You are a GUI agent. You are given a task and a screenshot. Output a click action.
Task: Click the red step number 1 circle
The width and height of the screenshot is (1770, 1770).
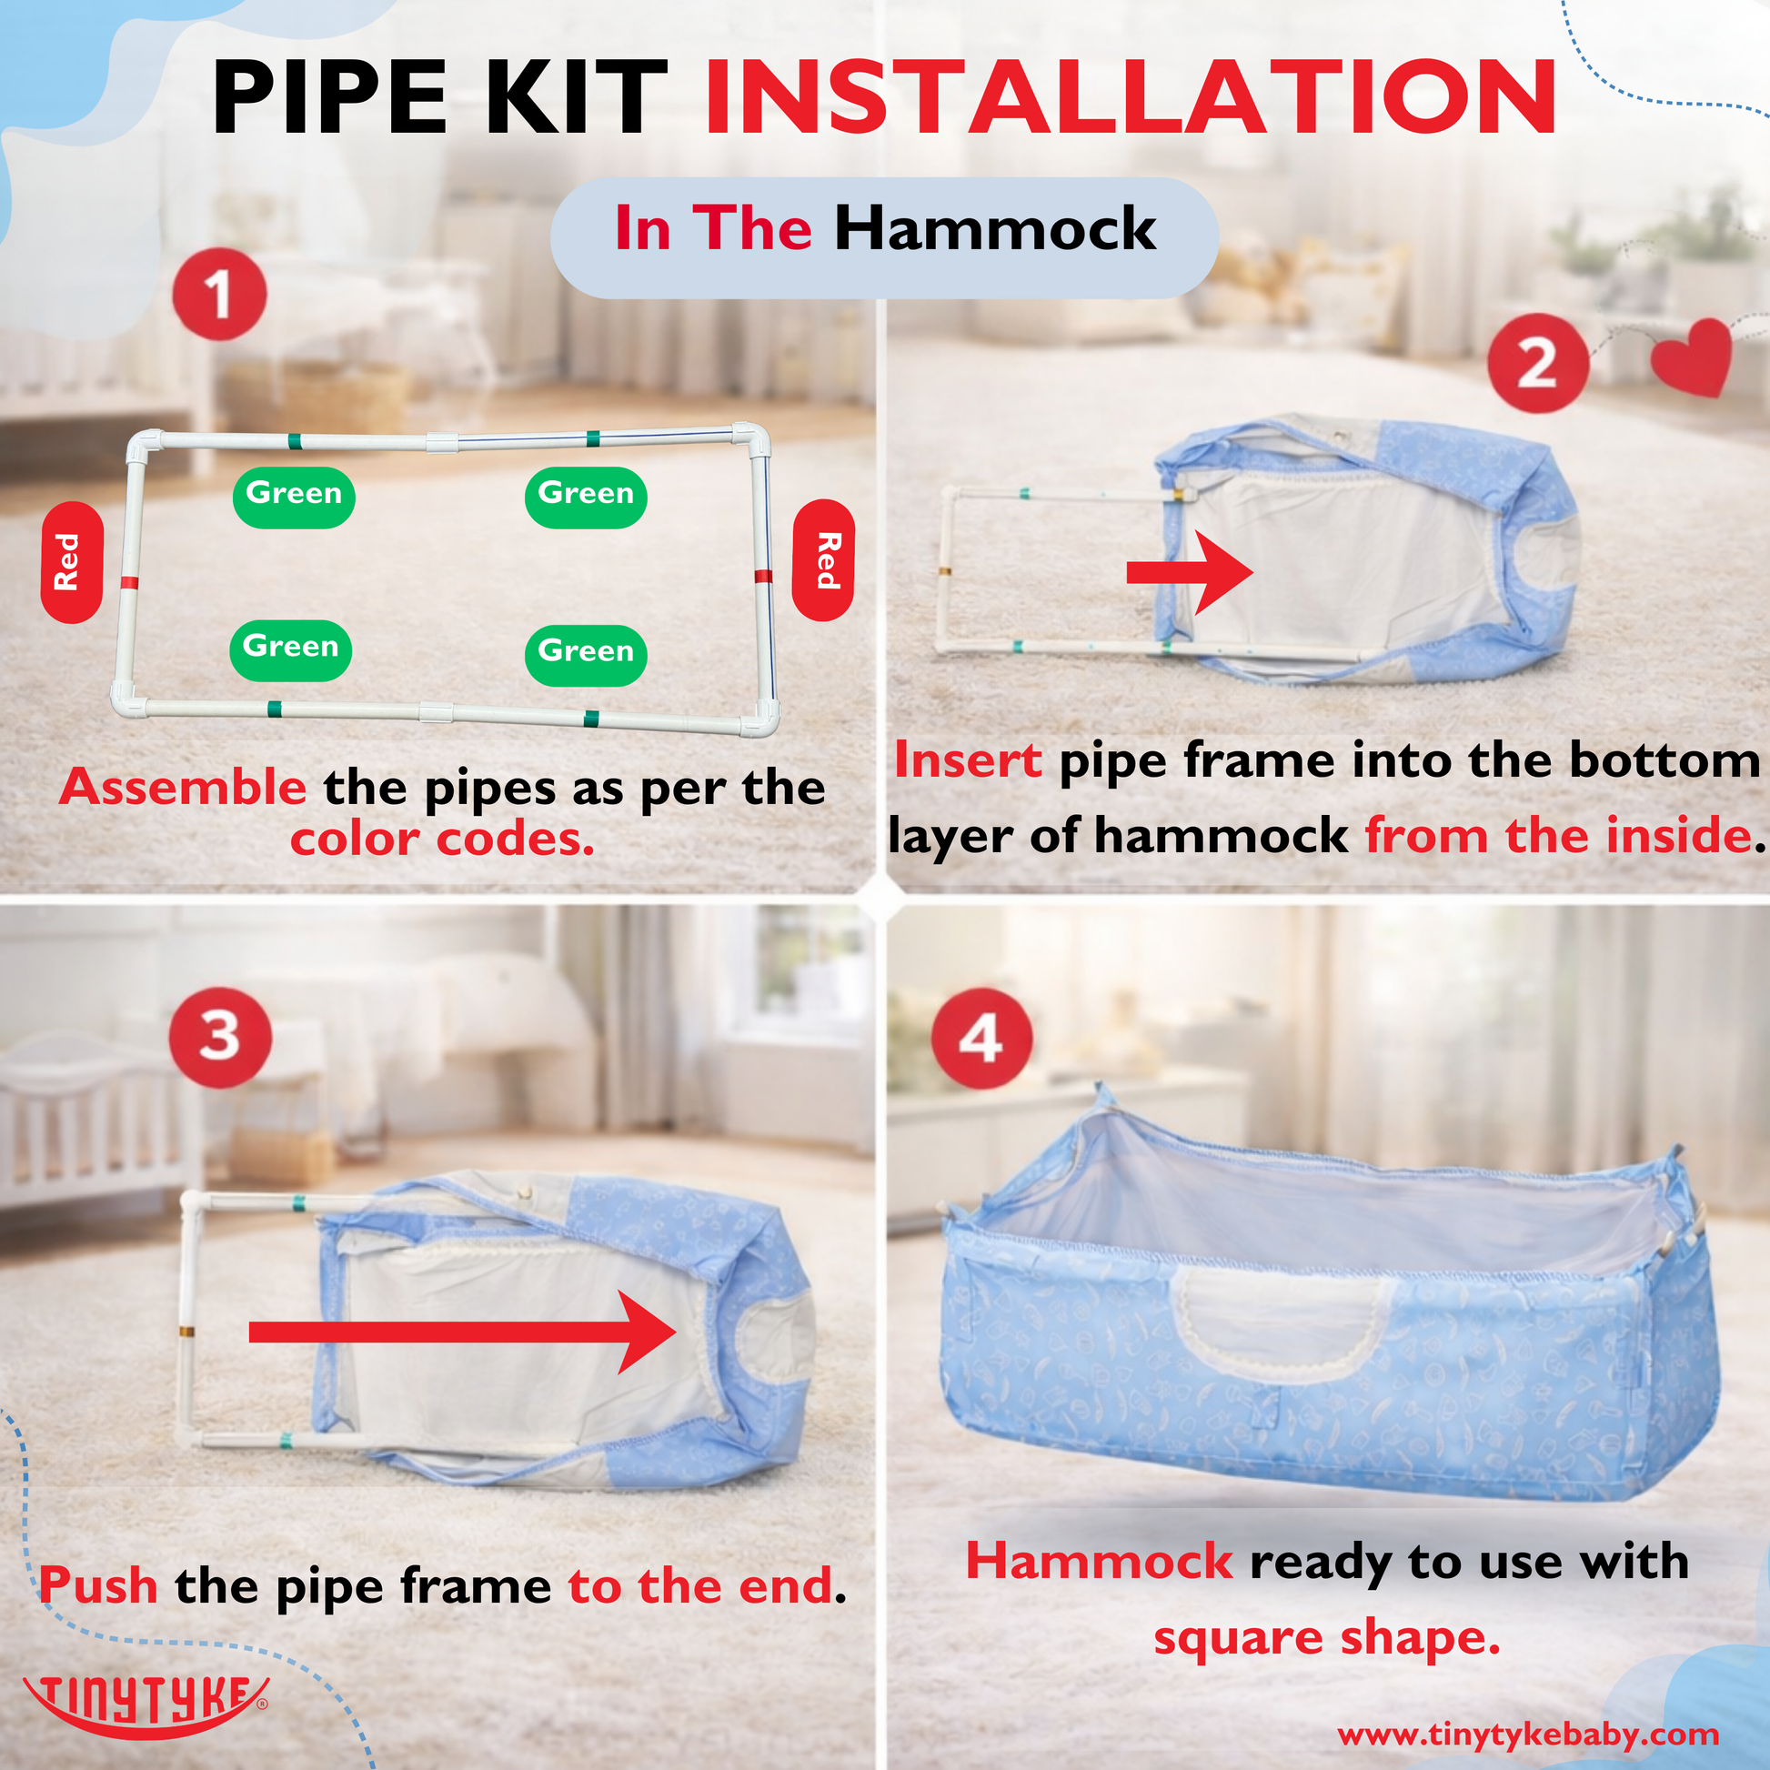pyautogui.click(x=219, y=294)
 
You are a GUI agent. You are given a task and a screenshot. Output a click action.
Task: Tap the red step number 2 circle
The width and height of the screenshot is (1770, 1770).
pyautogui.click(x=1536, y=364)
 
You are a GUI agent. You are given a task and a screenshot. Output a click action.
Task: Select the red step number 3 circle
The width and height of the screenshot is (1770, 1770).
pyautogui.click(x=220, y=1037)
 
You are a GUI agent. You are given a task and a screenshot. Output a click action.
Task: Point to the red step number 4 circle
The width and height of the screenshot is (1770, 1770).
pyautogui.click(x=981, y=1038)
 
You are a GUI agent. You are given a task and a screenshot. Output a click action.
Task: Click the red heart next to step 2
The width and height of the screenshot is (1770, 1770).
pyautogui.click(x=1691, y=358)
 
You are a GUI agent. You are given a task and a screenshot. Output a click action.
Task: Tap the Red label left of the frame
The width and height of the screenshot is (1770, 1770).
pyautogui.click(x=71, y=561)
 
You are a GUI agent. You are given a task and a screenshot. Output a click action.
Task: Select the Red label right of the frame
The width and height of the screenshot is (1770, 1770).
pyautogui.click(x=823, y=559)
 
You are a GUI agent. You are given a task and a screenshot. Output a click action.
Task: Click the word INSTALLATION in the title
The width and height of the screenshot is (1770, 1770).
pyautogui.click(x=1131, y=97)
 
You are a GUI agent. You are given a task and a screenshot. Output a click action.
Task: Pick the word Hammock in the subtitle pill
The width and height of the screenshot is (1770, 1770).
pyautogui.click(x=995, y=228)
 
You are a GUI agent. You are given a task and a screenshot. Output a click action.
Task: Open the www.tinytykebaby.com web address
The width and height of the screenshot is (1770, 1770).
pyautogui.click(x=1527, y=1735)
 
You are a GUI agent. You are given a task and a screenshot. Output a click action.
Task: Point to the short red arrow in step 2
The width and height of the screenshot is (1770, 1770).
pyautogui.click(x=1189, y=573)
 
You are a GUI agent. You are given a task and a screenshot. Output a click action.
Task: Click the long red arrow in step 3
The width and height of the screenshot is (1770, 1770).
pyautogui.click(x=463, y=1332)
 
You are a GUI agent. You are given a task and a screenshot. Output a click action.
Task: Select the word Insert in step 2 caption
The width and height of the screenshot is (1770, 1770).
pyautogui.click(x=968, y=760)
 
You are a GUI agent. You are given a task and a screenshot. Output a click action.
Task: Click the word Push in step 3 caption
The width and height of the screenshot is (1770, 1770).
pyautogui.click(x=98, y=1586)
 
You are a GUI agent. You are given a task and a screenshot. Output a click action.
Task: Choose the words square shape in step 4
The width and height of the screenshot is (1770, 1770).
pyautogui.click(x=1326, y=1637)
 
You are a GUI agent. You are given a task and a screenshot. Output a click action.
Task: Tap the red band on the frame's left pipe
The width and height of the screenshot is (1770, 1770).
pyautogui.click(x=129, y=583)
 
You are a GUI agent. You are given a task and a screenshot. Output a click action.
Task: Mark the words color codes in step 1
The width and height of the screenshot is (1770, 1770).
pyautogui.click(x=442, y=840)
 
